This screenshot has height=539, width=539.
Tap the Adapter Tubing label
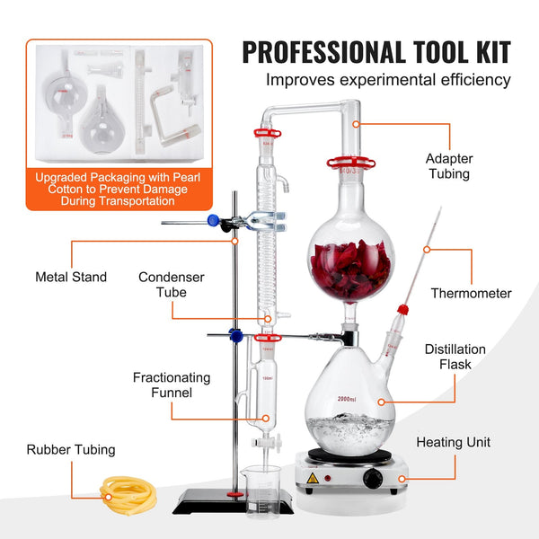449,166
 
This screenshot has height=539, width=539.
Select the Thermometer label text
472,293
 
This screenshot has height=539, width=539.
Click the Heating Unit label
454,442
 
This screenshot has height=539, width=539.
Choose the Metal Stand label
71,277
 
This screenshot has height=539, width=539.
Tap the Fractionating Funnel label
172,385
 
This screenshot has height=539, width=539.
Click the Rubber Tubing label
71,449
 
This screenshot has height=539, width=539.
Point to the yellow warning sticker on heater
312,478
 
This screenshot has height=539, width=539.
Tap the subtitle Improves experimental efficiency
388,81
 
